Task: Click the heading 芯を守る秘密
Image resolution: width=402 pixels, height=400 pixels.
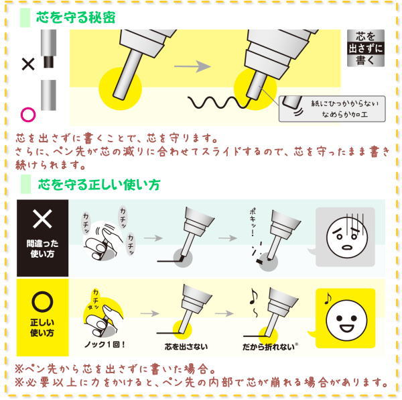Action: [76, 17]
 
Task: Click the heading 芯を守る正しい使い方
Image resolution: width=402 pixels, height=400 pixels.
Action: [99, 185]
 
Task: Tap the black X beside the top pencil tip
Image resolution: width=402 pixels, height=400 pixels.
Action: [28, 64]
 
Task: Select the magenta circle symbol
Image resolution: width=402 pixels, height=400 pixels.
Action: [28, 115]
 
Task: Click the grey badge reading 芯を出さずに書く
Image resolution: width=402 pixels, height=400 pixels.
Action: [366, 48]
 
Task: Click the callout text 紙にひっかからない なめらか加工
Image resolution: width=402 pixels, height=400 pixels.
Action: [344, 109]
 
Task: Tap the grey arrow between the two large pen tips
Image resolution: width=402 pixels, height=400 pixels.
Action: [192, 66]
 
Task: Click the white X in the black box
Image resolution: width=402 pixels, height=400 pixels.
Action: [42, 219]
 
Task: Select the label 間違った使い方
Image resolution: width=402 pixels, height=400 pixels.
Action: [42, 248]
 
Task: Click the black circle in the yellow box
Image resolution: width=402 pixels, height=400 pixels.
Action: [43, 301]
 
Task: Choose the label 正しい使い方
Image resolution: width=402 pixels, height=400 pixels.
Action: [42, 328]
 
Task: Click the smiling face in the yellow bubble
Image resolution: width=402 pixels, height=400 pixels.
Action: [347, 319]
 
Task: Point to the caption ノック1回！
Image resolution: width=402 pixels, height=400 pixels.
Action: [105, 345]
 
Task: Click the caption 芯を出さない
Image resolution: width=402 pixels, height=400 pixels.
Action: [186, 347]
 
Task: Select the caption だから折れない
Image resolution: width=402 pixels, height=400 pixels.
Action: [269, 347]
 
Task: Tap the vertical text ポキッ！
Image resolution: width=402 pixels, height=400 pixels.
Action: [253, 222]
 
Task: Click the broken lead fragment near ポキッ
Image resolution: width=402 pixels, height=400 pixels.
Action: [259, 261]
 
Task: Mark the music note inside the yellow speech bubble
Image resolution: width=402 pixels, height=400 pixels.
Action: [328, 298]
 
